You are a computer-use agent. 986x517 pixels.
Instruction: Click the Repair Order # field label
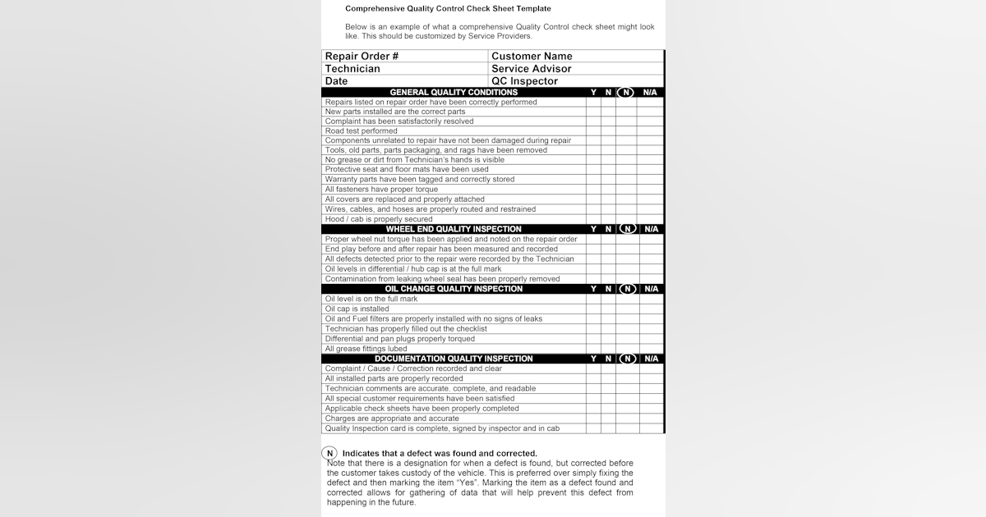362,57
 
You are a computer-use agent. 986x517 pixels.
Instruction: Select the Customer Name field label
532,57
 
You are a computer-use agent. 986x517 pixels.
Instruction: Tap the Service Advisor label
531,69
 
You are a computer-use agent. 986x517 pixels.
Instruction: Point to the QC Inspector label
524,81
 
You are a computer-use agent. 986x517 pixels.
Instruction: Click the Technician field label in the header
352,69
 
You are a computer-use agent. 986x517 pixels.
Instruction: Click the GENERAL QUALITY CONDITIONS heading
454,93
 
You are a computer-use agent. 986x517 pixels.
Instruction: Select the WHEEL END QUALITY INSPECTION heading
454,229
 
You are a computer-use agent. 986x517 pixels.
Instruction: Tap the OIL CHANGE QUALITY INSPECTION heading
454,289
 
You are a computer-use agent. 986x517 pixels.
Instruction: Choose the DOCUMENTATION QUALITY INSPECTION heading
454,359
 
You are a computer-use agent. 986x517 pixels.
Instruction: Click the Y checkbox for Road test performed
593,131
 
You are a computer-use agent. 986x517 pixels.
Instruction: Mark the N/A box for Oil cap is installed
651,309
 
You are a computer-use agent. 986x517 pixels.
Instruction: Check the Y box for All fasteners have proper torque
593,190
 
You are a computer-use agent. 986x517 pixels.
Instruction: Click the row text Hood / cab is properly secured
379,219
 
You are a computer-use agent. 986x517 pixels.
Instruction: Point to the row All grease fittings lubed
366,349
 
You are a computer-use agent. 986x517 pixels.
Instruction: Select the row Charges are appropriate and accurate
392,419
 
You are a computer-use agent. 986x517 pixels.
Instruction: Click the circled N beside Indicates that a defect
329,453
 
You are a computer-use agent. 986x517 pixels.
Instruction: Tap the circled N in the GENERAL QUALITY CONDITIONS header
627,93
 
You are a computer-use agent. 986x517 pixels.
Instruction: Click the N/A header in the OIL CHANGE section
651,289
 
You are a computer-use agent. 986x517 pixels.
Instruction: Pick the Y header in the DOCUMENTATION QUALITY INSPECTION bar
593,359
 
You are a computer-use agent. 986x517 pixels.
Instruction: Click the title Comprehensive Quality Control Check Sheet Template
448,8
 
